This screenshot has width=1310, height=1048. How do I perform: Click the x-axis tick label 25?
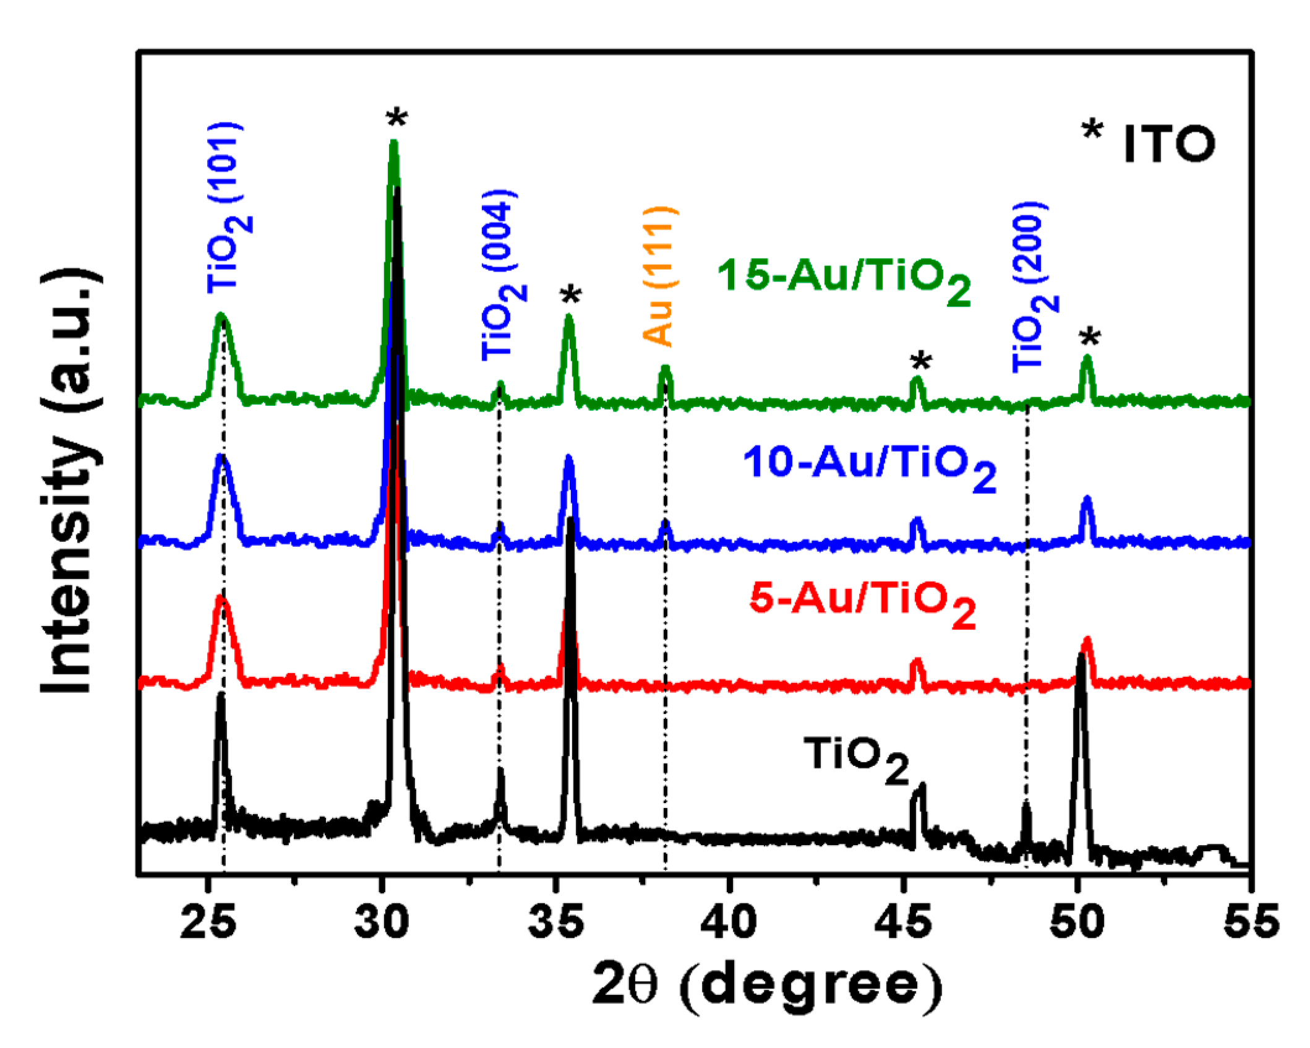tap(208, 921)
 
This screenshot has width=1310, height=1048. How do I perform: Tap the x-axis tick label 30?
tap(382, 921)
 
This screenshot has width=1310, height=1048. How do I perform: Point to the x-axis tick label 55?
tap(1251, 921)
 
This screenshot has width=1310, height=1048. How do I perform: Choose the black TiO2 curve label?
tap(857, 757)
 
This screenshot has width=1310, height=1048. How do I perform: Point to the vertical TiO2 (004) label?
tap(502, 275)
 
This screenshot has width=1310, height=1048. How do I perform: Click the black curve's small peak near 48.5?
tap(1026, 804)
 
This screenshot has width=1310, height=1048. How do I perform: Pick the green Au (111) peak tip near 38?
tap(665, 368)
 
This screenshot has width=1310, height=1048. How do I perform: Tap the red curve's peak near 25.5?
tap(221, 598)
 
